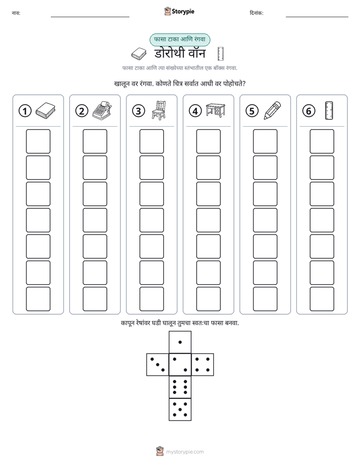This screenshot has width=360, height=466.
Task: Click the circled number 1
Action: point(25,111)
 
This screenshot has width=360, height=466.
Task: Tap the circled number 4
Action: point(195,111)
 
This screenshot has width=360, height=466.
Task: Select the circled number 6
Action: point(309,111)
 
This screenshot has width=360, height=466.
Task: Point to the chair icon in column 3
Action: point(159,110)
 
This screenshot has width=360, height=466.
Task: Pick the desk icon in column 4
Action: point(216,110)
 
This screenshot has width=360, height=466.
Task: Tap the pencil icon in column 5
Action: point(272,110)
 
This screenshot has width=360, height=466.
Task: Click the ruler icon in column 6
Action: point(329,110)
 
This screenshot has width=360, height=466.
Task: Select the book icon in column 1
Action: point(45,110)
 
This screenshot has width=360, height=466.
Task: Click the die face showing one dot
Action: point(180,342)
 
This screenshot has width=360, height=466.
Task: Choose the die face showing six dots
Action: point(180,387)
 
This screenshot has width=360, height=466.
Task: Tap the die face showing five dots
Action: point(180,409)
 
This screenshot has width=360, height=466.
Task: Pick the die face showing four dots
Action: point(203,365)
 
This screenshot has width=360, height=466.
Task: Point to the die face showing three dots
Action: point(158,365)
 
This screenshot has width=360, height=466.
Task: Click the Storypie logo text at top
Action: point(183,12)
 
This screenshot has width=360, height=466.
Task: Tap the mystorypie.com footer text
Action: point(185,452)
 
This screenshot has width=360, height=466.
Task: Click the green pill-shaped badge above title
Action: point(179,40)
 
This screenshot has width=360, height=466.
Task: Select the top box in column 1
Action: point(38,141)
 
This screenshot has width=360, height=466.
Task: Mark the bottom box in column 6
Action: point(322,299)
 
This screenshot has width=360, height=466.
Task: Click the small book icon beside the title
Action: point(139,53)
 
